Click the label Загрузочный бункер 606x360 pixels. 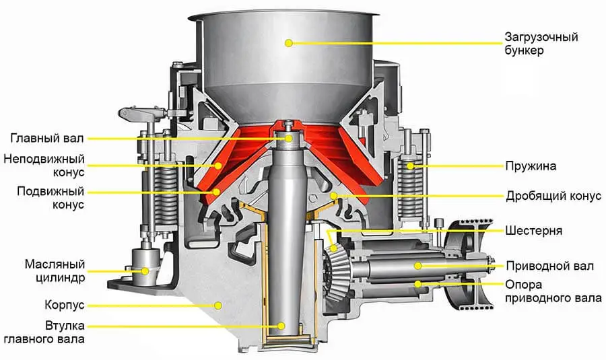tap(541, 44)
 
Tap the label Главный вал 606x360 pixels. tap(46, 139)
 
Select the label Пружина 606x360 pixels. tap(531, 166)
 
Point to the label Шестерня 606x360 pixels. tap(533, 231)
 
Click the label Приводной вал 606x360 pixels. tap(550, 266)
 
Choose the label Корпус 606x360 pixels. tap(64, 305)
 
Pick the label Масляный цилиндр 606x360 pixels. tap(55, 271)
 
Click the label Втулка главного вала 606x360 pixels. tap(44, 332)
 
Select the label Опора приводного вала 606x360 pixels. tap(553, 291)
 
